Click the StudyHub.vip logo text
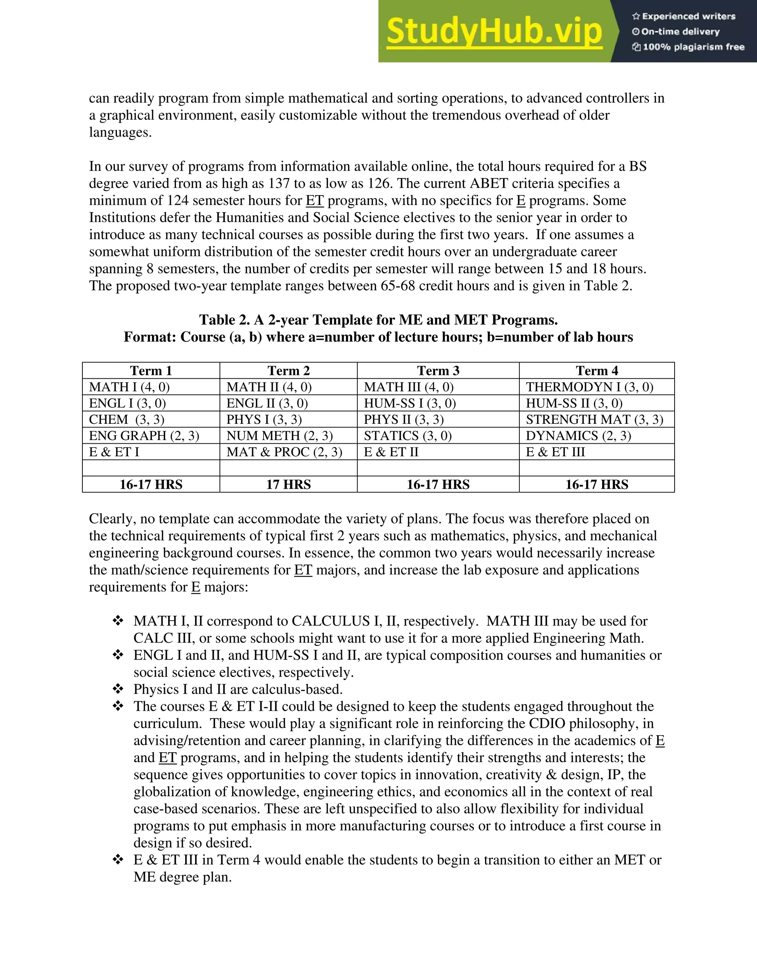point(494,31)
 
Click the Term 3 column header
point(438,371)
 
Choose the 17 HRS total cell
point(288,485)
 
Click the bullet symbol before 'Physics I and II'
point(118,689)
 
